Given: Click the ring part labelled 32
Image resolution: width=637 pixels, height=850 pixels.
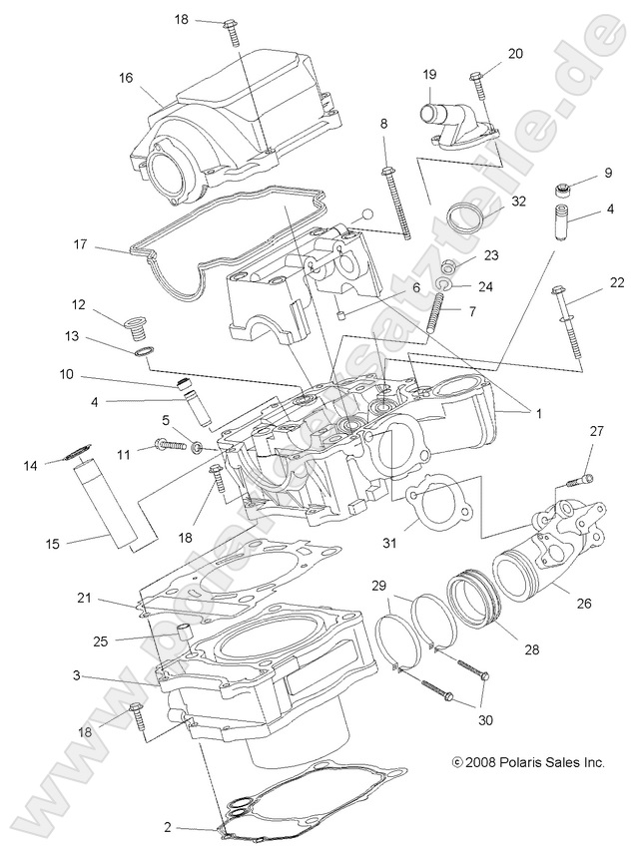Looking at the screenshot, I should click(464, 215).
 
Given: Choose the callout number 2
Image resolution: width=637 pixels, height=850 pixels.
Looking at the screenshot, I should click(167, 827).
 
